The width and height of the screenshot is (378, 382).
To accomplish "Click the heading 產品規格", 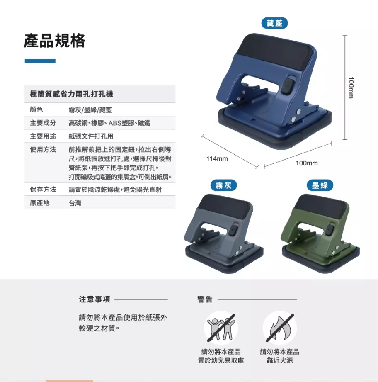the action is (55, 41).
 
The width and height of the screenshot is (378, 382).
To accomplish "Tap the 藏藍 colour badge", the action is (274, 23).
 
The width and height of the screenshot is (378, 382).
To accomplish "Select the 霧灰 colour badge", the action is (223, 185).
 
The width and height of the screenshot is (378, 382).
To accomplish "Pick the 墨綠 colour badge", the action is (320, 185).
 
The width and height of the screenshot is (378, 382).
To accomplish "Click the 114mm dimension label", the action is (217, 159).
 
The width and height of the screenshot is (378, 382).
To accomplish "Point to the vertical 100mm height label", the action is (351, 88).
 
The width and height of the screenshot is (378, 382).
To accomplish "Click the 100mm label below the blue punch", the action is (307, 163).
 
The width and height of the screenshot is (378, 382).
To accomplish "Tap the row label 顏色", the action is (36, 109).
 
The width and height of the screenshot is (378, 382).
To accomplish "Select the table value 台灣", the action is (75, 203).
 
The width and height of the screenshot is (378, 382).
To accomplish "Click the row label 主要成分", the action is (43, 123).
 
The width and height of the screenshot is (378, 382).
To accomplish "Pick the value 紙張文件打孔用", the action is (91, 136).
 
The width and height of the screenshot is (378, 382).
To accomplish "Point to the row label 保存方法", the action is (43, 190).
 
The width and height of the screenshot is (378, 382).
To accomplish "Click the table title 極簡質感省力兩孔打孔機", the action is (71, 94).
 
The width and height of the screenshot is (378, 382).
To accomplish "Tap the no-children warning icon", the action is (221, 328).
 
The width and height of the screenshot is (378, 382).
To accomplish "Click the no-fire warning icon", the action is (280, 328).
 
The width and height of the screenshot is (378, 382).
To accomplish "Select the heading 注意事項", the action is (94, 299).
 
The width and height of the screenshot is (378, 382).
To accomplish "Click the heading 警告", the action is (205, 299).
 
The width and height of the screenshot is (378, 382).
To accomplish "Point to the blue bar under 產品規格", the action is (40, 61).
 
